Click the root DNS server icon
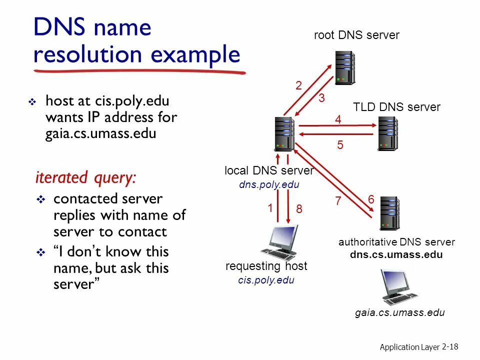(x=345, y=67)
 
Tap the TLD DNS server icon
(x=388, y=133)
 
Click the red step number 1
(x=270, y=208)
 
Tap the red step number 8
(x=299, y=209)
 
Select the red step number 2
(x=298, y=86)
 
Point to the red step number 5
(x=340, y=145)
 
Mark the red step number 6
(x=371, y=199)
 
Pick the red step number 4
(x=338, y=120)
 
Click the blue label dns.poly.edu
(x=269, y=184)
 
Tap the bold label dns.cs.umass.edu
(x=396, y=254)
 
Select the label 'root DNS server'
(x=356, y=35)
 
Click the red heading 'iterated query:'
(x=85, y=177)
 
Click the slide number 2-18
(x=450, y=346)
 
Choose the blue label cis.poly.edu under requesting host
(x=266, y=280)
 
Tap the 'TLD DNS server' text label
(x=396, y=107)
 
